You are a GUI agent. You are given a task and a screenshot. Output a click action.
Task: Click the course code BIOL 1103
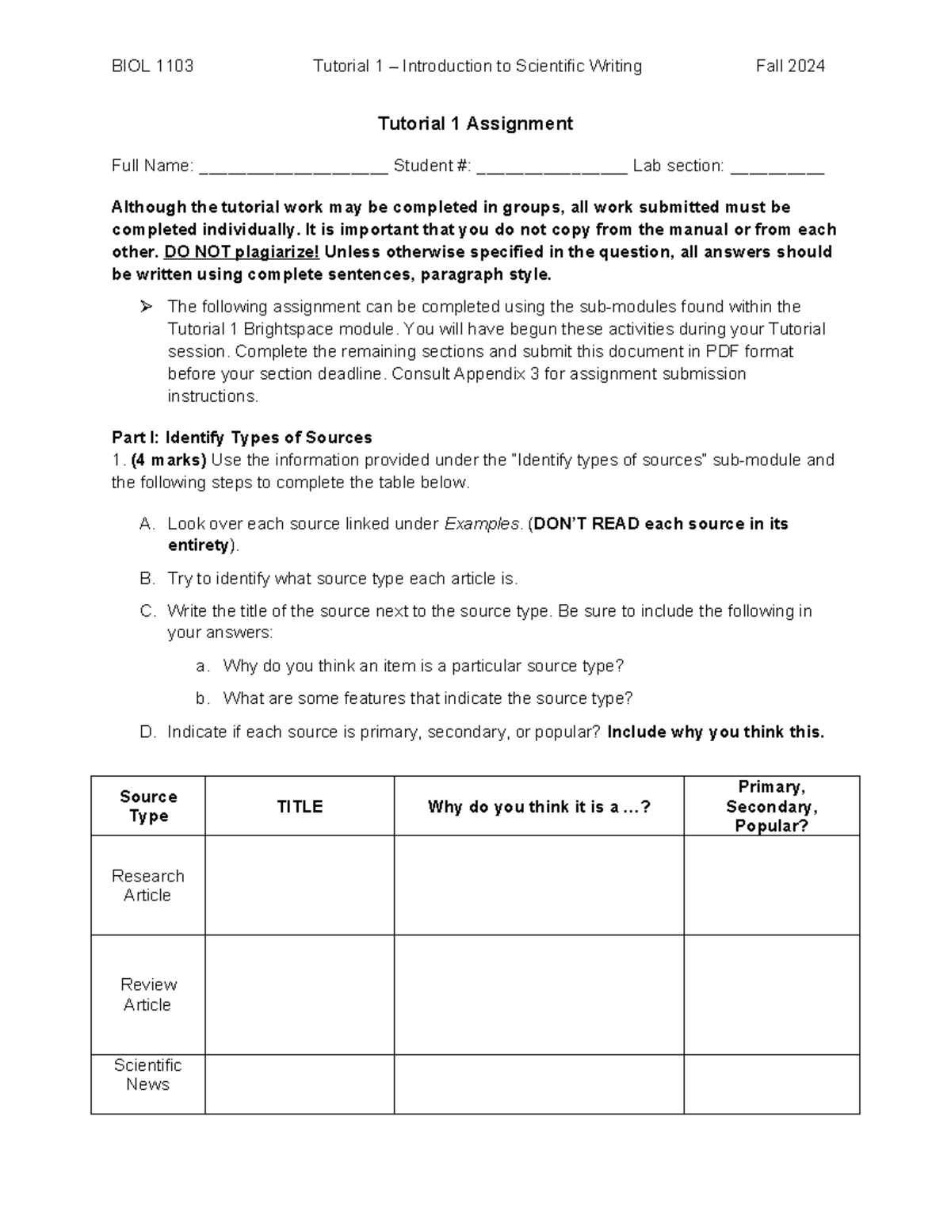(152, 66)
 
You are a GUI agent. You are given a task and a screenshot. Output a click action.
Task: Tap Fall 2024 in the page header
(790, 66)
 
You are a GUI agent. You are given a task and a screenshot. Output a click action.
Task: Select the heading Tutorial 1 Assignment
(475, 124)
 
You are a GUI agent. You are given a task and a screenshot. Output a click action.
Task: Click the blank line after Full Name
(293, 167)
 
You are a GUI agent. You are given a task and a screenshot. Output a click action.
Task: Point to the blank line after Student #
(552, 167)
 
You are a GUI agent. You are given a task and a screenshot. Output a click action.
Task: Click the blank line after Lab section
(777, 167)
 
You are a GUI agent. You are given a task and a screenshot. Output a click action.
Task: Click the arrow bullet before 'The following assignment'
(145, 307)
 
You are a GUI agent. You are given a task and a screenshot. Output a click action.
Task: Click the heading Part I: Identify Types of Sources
(242, 438)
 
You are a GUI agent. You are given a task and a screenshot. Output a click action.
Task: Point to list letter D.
(147, 732)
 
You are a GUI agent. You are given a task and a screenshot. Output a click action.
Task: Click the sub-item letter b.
(202, 698)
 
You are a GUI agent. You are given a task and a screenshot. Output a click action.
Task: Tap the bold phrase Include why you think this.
(715, 732)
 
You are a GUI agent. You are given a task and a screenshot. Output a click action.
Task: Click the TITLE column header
(300, 807)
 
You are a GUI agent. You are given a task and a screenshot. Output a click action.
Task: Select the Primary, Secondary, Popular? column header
(771, 806)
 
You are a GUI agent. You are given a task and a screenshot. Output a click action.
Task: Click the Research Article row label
(147, 885)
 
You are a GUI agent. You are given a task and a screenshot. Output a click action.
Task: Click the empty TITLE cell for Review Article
(300, 995)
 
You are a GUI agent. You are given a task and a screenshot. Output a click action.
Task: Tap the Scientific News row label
(147, 1075)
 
